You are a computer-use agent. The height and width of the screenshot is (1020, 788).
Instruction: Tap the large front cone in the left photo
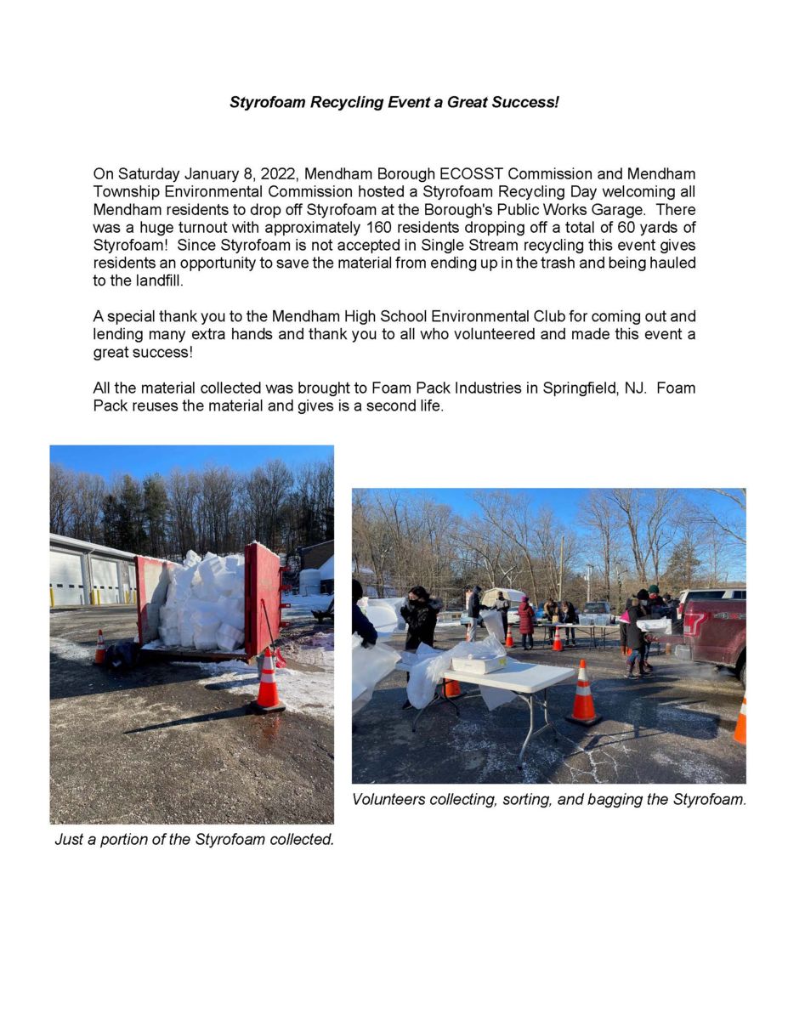269,680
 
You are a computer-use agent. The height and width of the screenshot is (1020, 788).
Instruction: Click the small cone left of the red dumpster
100,648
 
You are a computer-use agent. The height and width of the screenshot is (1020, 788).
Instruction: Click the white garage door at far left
66,580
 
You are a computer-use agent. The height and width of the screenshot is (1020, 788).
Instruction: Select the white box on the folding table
479,663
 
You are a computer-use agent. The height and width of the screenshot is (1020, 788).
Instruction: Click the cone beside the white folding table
583,694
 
